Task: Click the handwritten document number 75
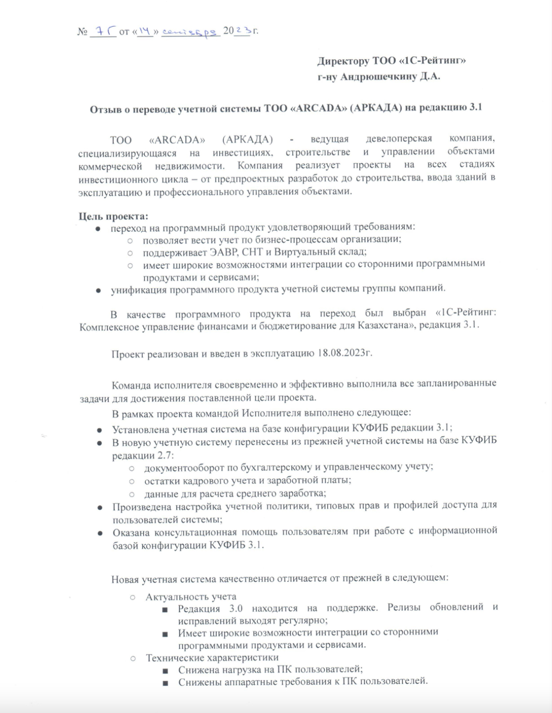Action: pyautogui.click(x=103, y=31)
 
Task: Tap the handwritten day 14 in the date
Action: pyautogui.click(x=144, y=31)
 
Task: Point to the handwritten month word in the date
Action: pyautogui.click(x=190, y=32)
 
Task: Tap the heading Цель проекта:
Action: pyautogui.click(x=113, y=217)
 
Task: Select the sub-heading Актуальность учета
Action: pyautogui.click(x=191, y=596)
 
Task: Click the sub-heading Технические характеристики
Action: pyautogui.click(x=212, y=657)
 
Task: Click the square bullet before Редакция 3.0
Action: pyautogui.click(x=165, y=610)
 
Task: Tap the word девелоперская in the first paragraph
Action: pyautogui.click(x=399, y=139)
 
